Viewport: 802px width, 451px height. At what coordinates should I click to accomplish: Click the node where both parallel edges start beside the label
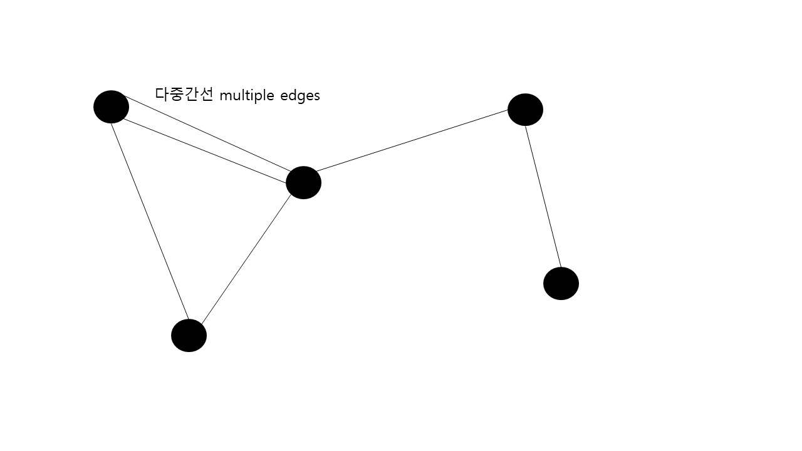click(x=111, y=106)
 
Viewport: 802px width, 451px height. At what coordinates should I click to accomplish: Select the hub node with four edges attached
click(x=303, y=182)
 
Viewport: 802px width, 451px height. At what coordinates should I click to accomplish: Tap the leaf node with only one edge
click(x=561, y=283)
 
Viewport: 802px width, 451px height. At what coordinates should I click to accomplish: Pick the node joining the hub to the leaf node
click(x=525, y=110)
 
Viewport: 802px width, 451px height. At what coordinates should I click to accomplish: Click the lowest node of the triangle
click(x=189, y=335)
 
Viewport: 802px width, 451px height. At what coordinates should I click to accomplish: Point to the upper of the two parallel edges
click(x=207, y=133)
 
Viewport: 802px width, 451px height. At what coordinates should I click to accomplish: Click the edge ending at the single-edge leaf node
click(x=543, y=196)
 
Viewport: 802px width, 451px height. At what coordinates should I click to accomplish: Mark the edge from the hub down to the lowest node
click(x=246, y=259)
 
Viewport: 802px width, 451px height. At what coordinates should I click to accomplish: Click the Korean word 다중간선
click(x=184, y=95)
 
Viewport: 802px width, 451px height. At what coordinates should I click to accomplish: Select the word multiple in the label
click(x=247, y=95)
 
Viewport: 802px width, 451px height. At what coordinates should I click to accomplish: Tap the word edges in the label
click(x=300, y=95)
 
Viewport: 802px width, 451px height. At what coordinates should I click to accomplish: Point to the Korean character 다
click(x=162, y=95)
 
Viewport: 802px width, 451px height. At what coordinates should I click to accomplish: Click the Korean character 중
click(x=177, y=95)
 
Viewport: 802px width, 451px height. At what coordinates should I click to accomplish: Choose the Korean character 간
click(x=192, y=95)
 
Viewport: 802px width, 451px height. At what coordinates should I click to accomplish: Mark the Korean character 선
click(x=207, y=95)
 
